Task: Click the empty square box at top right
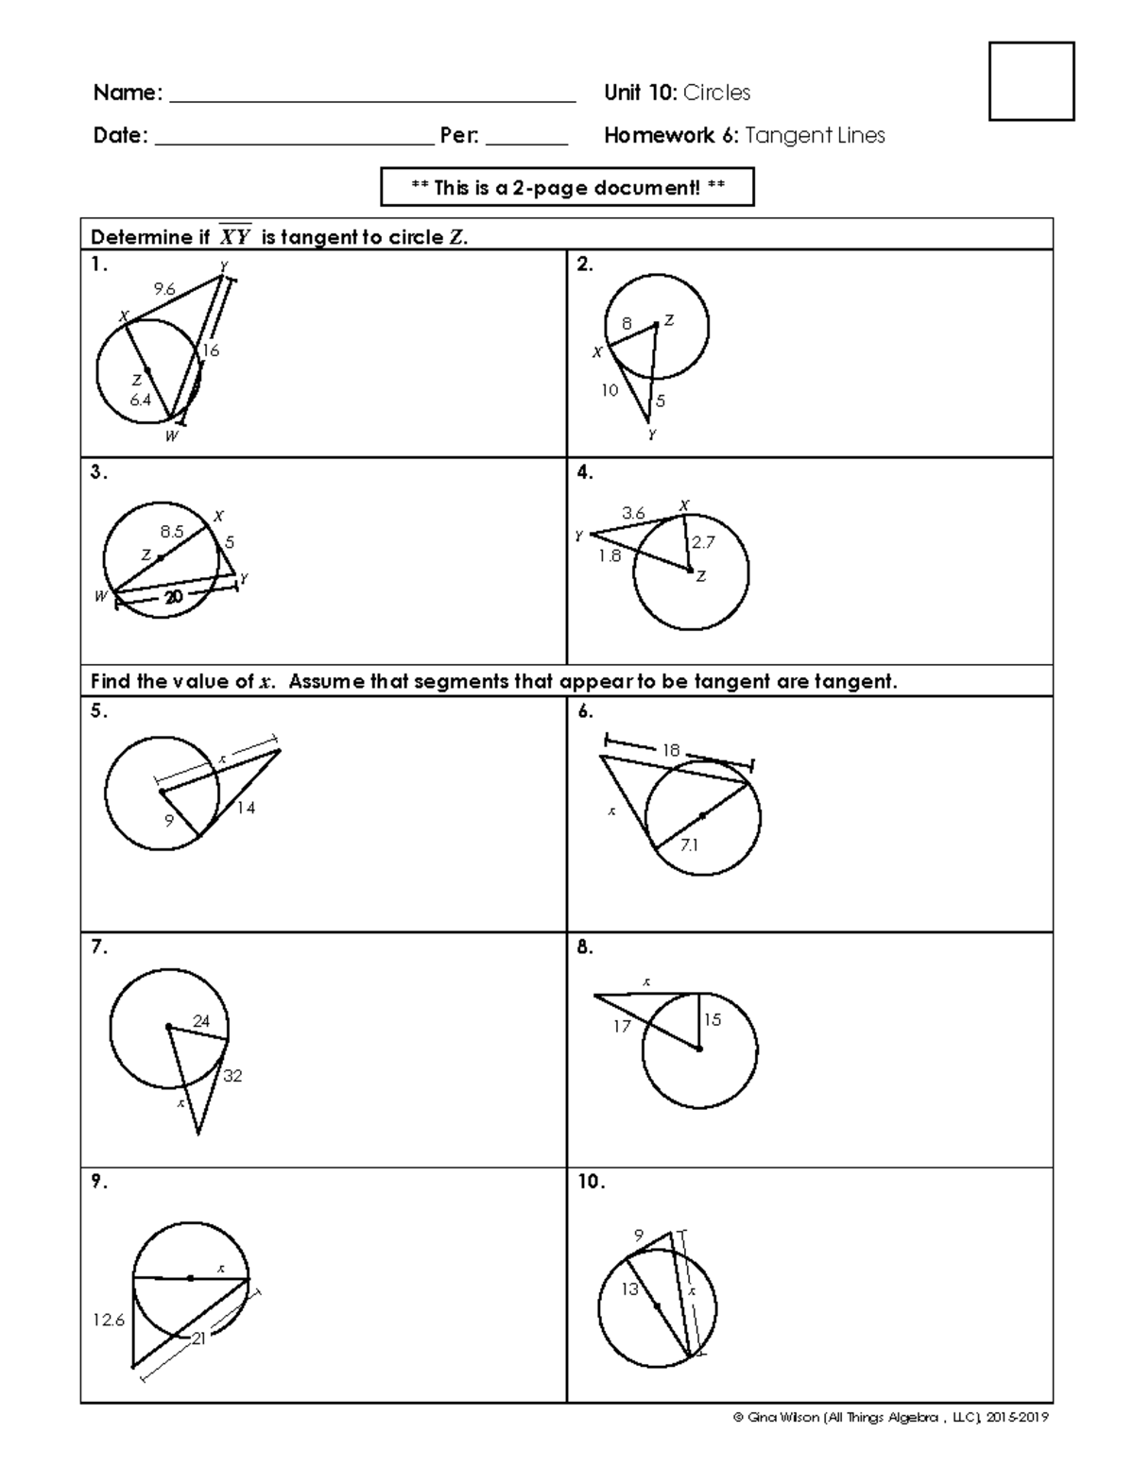click(x=1031, y=81)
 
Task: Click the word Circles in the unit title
click(x=716, y=93)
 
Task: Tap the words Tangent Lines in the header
click(x=815, y=135)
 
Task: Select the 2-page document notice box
click(x=567, y=187)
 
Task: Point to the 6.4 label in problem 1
click(x=140, y=400)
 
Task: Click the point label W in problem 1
click(x=171, y=436)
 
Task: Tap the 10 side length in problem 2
click(x=610, y=389)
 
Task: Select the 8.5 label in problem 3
click(x=171, y=532)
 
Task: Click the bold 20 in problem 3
click(x=173, y=597)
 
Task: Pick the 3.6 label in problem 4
click(x=633, y=513)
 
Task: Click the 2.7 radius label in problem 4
click(x=703, y=542)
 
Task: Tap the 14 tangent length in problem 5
click(x=246, y=808)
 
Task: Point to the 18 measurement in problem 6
click(x=671, y=750)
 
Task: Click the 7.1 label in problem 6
click(x=689, y=845)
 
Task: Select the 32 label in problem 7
click(x=232, y=1075)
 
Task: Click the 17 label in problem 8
click(x=621, y=1026)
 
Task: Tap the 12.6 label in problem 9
click(x=108, y=1321)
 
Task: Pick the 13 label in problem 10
click(x=629, y=1289)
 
